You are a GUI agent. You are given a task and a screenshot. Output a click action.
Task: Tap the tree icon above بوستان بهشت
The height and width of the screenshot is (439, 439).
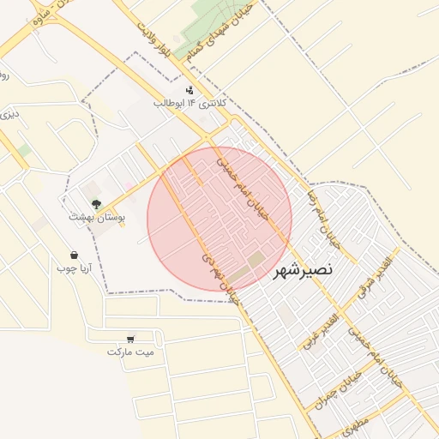click(x=96, y=204)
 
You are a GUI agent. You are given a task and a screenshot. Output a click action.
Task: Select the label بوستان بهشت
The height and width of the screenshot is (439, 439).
click(x=97, y=218)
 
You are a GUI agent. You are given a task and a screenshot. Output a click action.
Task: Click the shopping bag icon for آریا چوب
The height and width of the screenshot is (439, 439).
click(x=75, y=255)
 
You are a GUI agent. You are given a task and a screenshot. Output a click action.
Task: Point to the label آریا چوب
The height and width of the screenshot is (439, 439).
click(x=74, y=268)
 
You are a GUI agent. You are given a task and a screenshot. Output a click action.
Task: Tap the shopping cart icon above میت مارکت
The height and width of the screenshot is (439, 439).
click(x=130, y=338)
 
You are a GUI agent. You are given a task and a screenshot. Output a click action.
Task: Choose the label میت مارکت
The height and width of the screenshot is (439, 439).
click(x=130, y=352)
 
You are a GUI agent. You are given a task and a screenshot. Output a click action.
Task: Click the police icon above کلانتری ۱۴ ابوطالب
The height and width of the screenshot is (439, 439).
click(x=189, y=90)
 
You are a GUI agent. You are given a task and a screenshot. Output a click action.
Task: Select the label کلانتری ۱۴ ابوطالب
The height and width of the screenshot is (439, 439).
click(x=189, y=103)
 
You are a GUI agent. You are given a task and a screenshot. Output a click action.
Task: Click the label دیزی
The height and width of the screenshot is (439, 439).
click(x=8, y=112)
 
